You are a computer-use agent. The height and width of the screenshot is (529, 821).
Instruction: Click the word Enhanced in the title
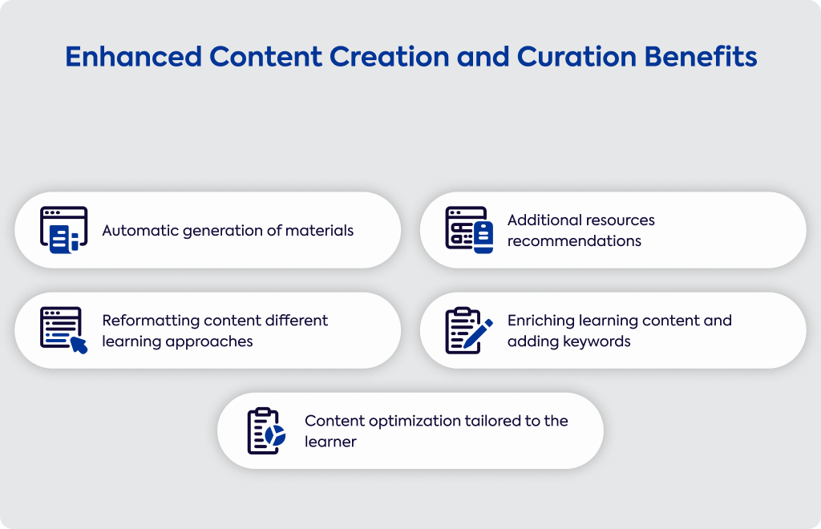coord(134,57)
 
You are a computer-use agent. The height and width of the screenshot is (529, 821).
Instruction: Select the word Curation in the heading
coord(576,57)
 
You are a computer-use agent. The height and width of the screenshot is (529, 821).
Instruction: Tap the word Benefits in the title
coord(701,57)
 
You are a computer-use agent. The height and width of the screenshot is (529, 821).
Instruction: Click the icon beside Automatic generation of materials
coord(64,230)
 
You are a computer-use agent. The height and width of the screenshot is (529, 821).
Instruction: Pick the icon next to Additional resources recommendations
coord(469,230)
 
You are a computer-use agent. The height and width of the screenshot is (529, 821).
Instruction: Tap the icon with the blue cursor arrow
coord(64,330)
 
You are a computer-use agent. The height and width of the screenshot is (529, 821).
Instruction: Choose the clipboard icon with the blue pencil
coord(469,330)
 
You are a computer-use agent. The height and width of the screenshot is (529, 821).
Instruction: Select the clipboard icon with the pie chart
coord(266,430)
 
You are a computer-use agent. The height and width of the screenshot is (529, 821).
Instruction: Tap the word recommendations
coord(574,241)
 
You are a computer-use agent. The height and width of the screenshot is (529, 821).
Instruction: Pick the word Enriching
coord(541,321)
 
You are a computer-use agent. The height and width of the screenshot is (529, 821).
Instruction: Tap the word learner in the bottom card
coord(330,442)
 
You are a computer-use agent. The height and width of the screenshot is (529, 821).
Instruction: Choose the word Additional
coord(543,220)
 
